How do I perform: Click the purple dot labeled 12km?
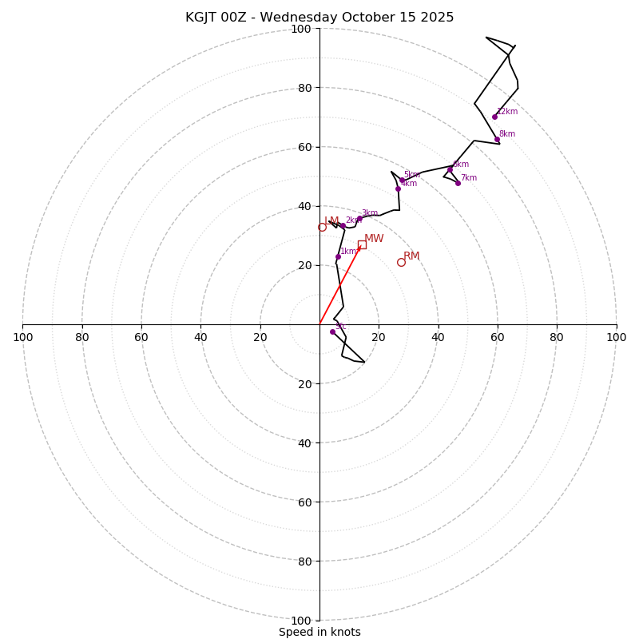coord(494,117)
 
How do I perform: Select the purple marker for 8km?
coord(497,140)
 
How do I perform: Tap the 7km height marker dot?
coord(458,183)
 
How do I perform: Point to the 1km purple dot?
coord(338,256)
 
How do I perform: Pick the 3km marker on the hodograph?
coord(359,219)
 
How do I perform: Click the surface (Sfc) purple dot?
coord(333,331)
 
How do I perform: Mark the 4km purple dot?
coord(398,189)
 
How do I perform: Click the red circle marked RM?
coord(401,262)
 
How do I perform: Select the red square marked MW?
coord(362,244)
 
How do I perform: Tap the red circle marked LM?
coord(322,228)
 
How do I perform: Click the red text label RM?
coord(411,256)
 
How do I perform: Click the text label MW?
coord(374,238)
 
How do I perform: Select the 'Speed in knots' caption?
coord(319,632)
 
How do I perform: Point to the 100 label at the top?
coord(301,29)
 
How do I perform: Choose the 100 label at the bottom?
coord(301,621)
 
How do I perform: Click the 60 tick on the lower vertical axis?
coord(304,502)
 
